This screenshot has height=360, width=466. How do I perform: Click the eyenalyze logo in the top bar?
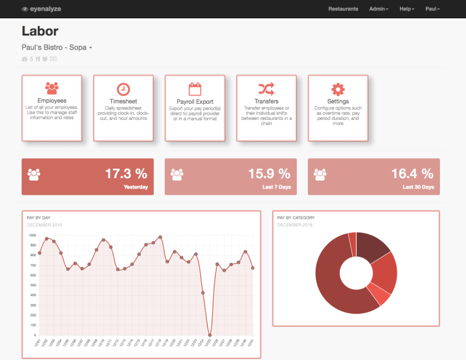coord(42,9)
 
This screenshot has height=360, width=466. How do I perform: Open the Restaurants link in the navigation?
coord(343,9)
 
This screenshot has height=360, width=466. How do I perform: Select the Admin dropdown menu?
coord(378,9)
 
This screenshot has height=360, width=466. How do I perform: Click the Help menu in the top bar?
coord(407,9)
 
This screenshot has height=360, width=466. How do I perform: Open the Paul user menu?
coord(432,9)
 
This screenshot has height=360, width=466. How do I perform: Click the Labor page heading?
coord(40,31)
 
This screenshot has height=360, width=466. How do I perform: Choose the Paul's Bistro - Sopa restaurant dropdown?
coord(57,48)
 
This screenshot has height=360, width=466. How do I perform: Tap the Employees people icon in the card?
coord(52,88)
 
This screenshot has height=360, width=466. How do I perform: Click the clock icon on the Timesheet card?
coord(123,89)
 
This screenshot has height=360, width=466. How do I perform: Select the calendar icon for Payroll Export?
coord(195,89)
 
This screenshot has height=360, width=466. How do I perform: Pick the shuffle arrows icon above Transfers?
coord(266,89)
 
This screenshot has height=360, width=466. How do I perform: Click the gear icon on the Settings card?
coord(338,89)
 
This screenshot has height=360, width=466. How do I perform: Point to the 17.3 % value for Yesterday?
coord(126,174)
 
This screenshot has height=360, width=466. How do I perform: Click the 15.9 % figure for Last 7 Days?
coord(269,174)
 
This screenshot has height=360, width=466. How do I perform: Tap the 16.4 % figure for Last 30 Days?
coord(412,174)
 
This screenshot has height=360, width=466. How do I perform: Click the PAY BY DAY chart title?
coord(39,218)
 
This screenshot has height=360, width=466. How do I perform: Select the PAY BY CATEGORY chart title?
coord(296,218)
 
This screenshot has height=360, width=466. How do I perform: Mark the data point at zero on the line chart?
coord(210,335)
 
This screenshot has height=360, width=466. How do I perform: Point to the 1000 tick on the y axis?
coord(32,235)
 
